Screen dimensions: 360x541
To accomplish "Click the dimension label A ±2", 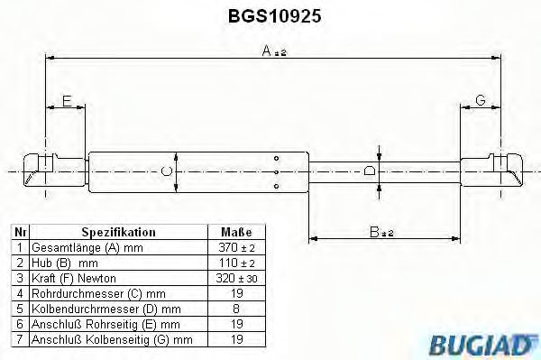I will pyautogui.click(x=273, y=53).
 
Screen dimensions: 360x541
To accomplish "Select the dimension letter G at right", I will pyautogui.click(x=481, y=101).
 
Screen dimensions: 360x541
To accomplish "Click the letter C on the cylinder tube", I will pyautogui.click(x=165, y=171).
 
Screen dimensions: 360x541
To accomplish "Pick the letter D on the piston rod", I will pyautogui.click(x=370, y=171).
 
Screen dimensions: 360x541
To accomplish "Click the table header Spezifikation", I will pyautogui.click(x=119, y=232).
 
